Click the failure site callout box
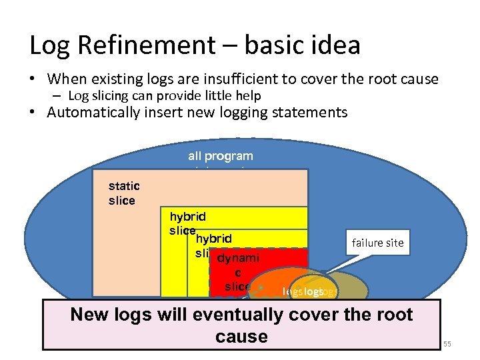point(377,243)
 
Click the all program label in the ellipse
point(220,156)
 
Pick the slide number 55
point(447,343)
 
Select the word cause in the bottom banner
point(241,337)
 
